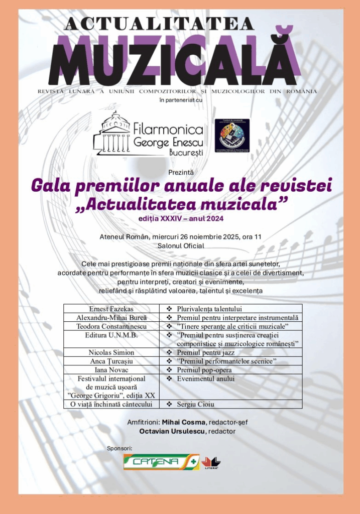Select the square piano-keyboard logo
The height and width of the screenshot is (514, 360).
pos(231,136)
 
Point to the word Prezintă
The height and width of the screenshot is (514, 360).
pos(180,172)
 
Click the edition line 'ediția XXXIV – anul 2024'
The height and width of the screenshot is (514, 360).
pos(180,218)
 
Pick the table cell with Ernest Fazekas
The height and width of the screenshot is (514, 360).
pos(111,309)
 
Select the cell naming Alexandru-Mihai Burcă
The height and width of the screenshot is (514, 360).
pos(111,318)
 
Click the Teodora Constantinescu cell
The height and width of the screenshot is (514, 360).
pos(111,326)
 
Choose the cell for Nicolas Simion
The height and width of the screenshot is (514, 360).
pos(111,352)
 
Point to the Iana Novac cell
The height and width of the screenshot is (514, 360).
pos(111,370)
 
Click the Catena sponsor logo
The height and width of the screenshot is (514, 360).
pos(161,462)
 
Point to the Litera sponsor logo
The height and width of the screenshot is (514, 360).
pos(211,463)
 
